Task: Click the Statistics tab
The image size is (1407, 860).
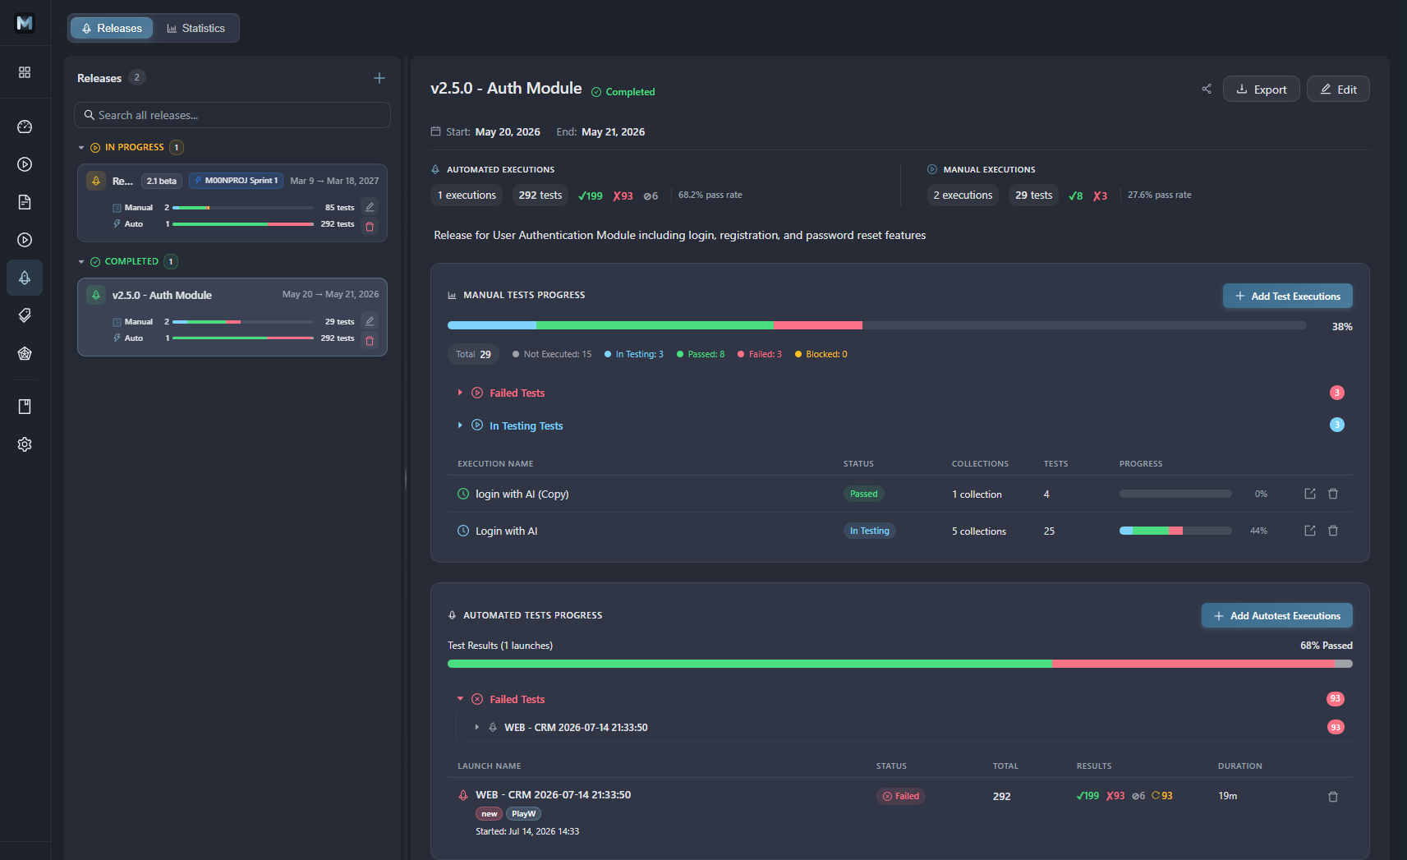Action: [x=195, y=28]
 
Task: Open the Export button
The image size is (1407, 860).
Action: [x=1262, y=90]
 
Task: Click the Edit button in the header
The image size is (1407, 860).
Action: [x=1338, y=90]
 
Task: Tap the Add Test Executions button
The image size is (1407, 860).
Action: [x=1288, y=296]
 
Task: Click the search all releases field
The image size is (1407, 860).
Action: [x=232, y=115]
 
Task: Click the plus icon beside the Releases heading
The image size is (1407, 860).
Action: [x=379, y=78]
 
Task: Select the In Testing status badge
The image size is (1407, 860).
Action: [x=869, y=531]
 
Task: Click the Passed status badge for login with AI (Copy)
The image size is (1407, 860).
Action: [x=864, y=494]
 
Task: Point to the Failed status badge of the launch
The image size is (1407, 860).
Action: [x=901, y=796]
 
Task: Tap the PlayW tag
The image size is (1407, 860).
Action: [x=523, y=813]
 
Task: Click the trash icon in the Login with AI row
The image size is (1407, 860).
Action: [x=1333, y=531]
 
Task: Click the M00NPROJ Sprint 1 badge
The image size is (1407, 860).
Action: [x=237, y=181]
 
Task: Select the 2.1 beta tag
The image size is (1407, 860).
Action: [x=162, y=181]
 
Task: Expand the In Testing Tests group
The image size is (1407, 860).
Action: [x=526, y=425]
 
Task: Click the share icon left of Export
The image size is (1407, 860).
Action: [x=1206, y=90]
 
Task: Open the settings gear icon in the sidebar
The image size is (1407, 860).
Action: [x=25, y=444]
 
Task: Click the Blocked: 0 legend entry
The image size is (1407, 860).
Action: [x=821, y=354]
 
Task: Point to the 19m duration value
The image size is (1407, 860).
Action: [x=1227, y=796]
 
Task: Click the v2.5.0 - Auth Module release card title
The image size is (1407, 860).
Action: [x=162, y=295]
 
